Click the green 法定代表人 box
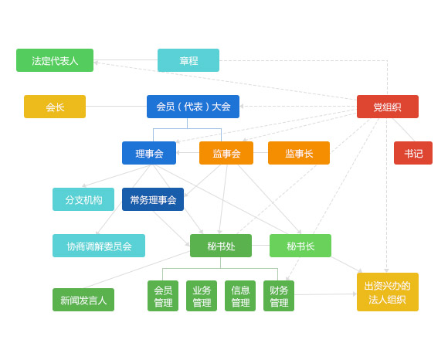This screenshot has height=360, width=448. tap(55, 60)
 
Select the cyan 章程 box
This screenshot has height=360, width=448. tap(188, 60)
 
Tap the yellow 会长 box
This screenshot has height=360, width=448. tap(55, 107)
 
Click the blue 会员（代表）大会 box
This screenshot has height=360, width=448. tap(193, 107)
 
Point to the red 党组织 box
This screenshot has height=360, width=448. tap(388, 107)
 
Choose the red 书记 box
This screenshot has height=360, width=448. tap(413, 153)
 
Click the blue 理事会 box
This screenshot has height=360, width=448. tap(149, 153)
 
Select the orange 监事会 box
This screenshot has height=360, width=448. tap(226, 153)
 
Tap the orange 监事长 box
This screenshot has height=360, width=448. tap(299, 153)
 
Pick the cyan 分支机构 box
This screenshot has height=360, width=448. tap(83, 199)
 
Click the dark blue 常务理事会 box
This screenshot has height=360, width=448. tap(153, 199)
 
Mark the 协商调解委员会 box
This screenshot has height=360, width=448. tap(99, 246)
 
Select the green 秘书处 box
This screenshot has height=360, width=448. tap(221, 246)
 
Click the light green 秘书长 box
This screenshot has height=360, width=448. tap(300, 246)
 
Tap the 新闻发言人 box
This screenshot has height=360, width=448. tap(83, 300)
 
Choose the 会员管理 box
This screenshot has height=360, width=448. tap(163, 296)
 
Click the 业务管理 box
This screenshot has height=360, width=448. tap(202, 296)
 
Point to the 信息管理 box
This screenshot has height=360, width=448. tap(240, 296)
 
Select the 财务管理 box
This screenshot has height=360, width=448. tap(279, 296)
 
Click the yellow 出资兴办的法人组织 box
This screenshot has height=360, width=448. tap(388, 292)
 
